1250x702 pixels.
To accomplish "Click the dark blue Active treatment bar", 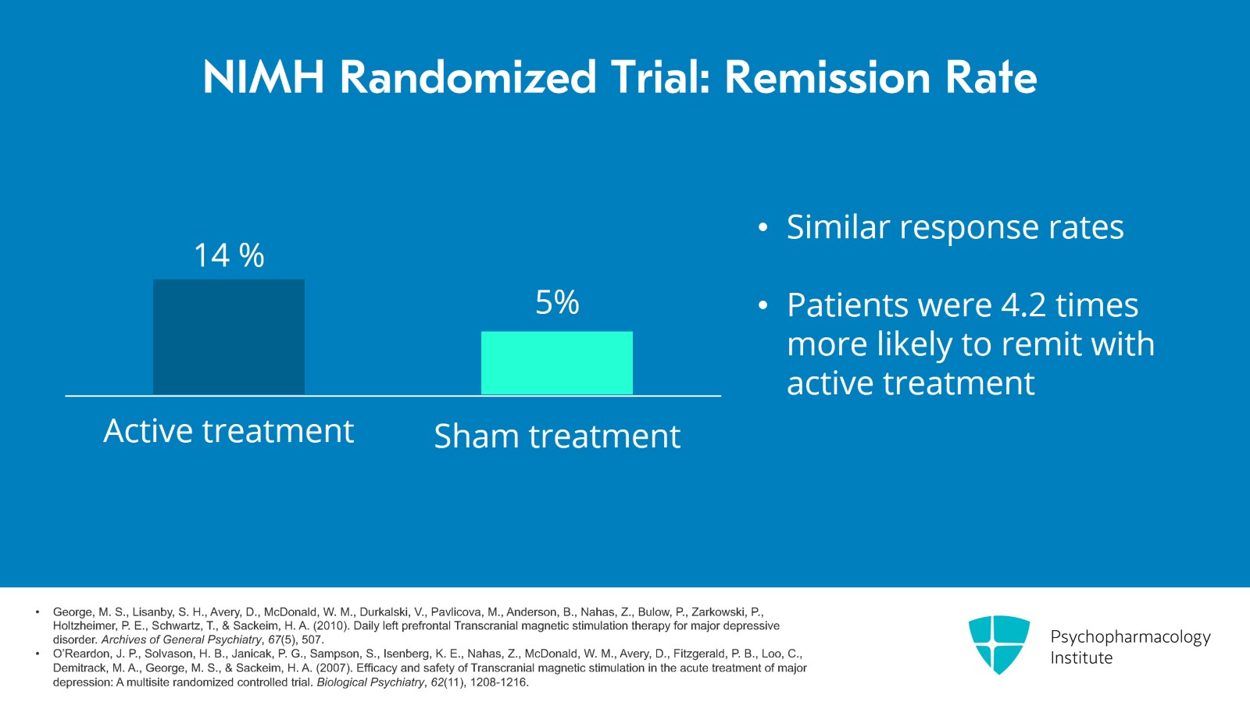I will [229, 337].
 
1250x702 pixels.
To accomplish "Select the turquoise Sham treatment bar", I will [556, 362].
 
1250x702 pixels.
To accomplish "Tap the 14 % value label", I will [229, 255].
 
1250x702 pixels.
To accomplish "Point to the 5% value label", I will [557, 302].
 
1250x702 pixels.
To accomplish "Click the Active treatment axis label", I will [229, 431].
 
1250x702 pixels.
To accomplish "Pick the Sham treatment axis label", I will [557, 436].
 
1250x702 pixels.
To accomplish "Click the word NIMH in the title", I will [263, 78].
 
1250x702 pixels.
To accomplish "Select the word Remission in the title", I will [827, 78].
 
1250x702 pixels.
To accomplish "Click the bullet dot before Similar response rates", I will [763, 229].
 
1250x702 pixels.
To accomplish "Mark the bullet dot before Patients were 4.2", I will [763, 306].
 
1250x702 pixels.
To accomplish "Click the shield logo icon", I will [998, 644].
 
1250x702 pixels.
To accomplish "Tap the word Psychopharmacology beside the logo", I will [1130, 636].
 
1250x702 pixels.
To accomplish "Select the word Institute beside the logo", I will [1081, 658].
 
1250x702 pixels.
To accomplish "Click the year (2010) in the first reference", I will [332, 626].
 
